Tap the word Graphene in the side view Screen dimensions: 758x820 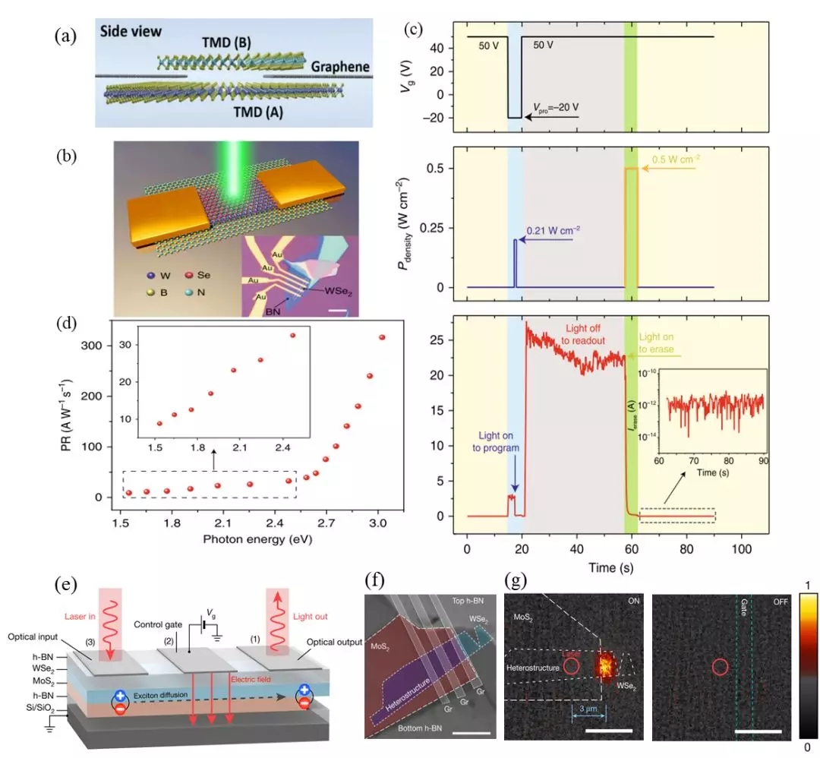340,67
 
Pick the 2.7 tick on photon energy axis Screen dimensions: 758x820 326,523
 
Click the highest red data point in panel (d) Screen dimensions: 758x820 382,337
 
